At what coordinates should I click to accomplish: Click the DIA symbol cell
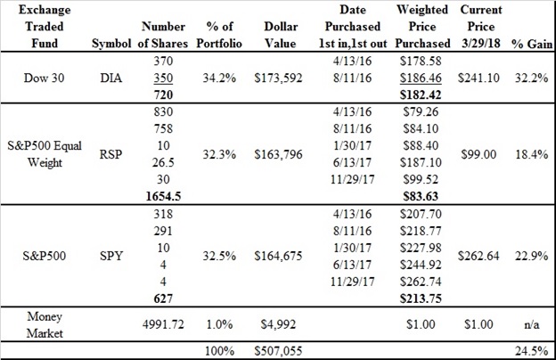pos(111,78)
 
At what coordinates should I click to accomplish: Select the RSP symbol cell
pos(110,154)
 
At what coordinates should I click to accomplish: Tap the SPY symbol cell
pos(111,256)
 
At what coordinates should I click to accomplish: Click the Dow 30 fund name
pos(44,78)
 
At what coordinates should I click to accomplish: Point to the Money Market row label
pos(45,324)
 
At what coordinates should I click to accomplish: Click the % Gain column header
pos(532,44)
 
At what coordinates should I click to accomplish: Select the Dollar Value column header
pos(280,35)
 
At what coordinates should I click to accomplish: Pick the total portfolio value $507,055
pos(278,351)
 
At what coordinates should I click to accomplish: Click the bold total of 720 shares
pos(163,95)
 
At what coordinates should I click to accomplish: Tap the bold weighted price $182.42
pos(421,95)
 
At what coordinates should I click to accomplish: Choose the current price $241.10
pos(478,78)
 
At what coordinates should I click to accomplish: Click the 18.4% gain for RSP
pos(532,154)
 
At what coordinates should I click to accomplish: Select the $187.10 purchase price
pos(421,162)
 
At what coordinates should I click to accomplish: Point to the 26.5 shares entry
pos(163,162)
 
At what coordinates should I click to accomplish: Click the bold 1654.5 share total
pos(163,197)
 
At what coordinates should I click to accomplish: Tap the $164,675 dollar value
pos(278,256)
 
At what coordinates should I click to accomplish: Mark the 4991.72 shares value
pos(163,324)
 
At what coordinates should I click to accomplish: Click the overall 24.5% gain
pos(532,351)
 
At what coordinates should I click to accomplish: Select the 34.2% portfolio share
pos(219,78)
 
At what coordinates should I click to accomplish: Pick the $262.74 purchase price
pos(421,282)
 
